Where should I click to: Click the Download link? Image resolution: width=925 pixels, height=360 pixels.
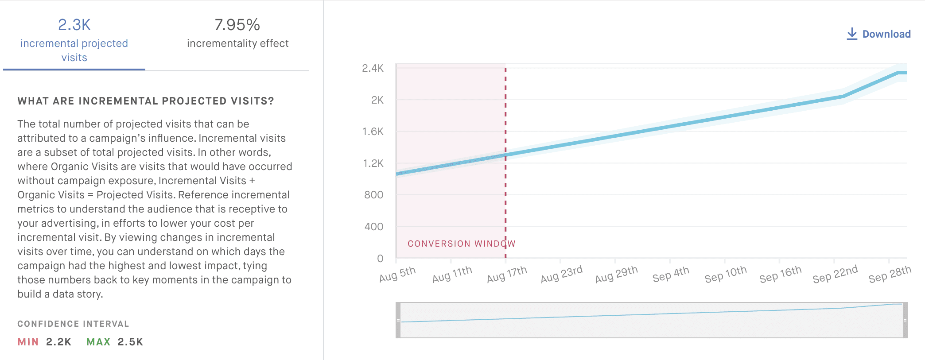pyautogui.click(x=886, y=34)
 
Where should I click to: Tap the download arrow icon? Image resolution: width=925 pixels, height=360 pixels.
pyautogui.click(x=851, y=34)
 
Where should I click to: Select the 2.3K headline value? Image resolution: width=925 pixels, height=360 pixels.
pyautogui.click(x=74, y=25)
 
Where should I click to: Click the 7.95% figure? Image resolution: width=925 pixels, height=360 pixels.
pyautogui.click(x=237, y=25)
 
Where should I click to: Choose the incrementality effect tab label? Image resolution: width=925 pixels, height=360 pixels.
pyautogui.click(x=237, y=43)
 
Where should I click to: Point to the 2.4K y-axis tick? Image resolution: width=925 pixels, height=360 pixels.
pyautogui.click(x=373, y=68)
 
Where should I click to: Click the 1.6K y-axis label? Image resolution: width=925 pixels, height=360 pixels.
pyautogui.click(x=373, y=132)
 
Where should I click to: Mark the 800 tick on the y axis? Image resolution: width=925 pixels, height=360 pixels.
pyautogui.click(x=373, y=195)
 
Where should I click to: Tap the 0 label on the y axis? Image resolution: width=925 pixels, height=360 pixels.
pyautogui.click(x=380, y=259)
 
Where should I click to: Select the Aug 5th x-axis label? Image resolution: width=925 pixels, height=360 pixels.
pyautogui.click(x=397, y=275)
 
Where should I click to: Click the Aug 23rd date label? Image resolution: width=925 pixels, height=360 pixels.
pyautogui.click(x=561, y=275)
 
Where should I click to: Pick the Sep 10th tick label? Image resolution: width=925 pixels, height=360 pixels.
pyautogui.click(x=726, y=275)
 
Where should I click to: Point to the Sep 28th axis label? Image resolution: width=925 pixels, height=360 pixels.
pyautogui.click(x=890, y=275)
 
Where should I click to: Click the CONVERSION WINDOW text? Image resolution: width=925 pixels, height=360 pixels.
pyautogui.click(x=461, y=244)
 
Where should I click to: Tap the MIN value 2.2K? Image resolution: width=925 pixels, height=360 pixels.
pyautogui.click(x=58, y=342)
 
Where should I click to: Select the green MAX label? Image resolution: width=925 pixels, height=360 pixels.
pyautogui.click(x=98, y=342)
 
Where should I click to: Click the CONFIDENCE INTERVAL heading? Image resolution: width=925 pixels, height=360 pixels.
pyautogui.click(x=73, y=324)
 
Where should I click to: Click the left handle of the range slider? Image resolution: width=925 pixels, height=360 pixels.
pyautogui.click(x=398, y=320)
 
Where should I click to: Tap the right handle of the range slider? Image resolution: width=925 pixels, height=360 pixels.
pyautogui.click(x=905, y=320)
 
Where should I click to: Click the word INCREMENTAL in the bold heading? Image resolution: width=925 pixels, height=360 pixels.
pyautogui.click(x=118, y=101)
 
